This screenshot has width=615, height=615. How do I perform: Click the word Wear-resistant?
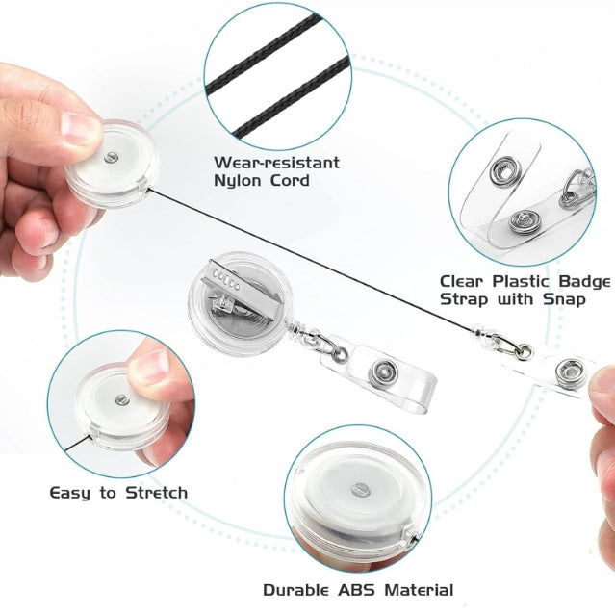click(x=277, y=163)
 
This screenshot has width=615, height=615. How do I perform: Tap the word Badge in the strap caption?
click(x=584, y=282)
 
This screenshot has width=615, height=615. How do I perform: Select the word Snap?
click(x=564, y=299)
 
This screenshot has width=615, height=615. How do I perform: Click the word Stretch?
click(x=157, y=493)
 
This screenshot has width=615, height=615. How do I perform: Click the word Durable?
click(x=295, y=590)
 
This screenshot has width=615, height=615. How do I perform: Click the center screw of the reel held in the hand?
click(x=112, y=158)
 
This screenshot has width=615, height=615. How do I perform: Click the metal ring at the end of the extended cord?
click(x=525, y=351)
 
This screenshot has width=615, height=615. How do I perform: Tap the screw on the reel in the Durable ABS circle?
click(x=361, y=490)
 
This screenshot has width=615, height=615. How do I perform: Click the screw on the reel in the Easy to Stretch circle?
click(x=122, y=399)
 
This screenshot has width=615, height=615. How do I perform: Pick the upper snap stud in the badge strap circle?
click(x=505, y=171)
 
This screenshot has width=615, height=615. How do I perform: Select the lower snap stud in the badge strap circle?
click(x=523, y=221)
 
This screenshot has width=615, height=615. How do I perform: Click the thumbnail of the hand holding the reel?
click(x=79, y=128)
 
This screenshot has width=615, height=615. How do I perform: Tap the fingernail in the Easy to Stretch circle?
click(x=150, y=366)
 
